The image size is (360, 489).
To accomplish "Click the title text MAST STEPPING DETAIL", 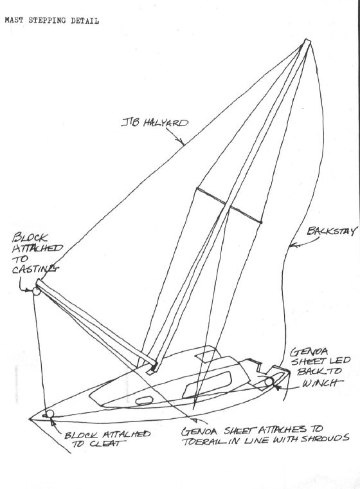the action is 51,21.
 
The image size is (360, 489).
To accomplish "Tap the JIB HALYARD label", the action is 155,122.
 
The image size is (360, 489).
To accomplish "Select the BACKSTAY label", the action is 331,231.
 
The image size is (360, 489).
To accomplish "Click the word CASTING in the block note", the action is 34,269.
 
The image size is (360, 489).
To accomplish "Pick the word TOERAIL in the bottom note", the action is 201,441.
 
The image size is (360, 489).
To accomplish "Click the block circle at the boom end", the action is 36,291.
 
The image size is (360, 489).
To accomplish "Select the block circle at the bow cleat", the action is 50,414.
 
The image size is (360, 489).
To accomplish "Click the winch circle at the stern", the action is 269,382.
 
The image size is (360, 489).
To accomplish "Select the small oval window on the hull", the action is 144,400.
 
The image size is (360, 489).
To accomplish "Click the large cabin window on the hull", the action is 207,384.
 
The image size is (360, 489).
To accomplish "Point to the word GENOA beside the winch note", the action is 309,353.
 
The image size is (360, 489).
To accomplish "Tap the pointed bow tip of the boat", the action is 30,419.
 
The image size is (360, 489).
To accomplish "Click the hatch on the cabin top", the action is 206,355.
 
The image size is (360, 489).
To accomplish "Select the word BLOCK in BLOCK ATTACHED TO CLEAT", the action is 81,435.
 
